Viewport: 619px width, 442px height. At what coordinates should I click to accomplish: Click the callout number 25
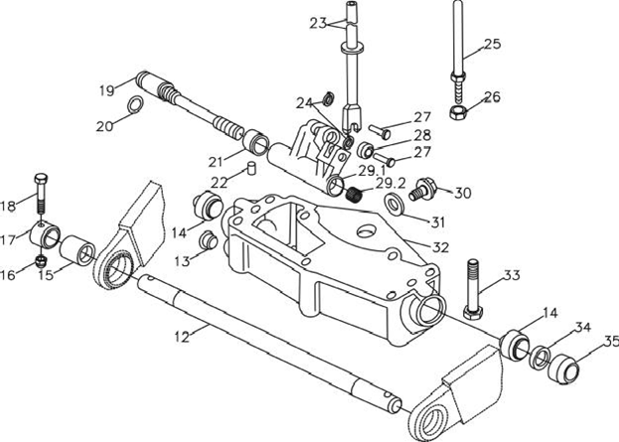492,44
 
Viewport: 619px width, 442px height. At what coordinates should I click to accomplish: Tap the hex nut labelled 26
458,112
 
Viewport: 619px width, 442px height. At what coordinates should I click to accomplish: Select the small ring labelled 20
134,104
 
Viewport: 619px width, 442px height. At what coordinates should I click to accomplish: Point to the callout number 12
182,337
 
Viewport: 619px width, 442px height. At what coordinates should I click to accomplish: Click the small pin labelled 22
251,168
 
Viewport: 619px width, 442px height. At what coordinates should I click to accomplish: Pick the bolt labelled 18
41,194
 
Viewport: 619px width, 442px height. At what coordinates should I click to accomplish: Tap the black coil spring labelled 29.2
353,194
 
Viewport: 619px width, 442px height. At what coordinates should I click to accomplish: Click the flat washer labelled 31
394,205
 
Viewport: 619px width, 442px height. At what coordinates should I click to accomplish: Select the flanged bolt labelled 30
422,189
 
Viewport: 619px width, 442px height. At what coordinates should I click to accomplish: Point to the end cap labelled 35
563,368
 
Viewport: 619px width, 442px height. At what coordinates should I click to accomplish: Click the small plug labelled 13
208,240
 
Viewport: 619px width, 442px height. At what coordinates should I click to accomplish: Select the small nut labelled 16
42,261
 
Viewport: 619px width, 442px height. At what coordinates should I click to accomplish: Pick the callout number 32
440,247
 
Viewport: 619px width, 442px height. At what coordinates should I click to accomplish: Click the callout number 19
106,90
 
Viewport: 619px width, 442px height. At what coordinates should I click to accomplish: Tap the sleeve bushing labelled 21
255,143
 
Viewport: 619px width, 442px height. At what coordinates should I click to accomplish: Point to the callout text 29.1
371,171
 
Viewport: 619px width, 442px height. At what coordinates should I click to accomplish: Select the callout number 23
318,23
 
